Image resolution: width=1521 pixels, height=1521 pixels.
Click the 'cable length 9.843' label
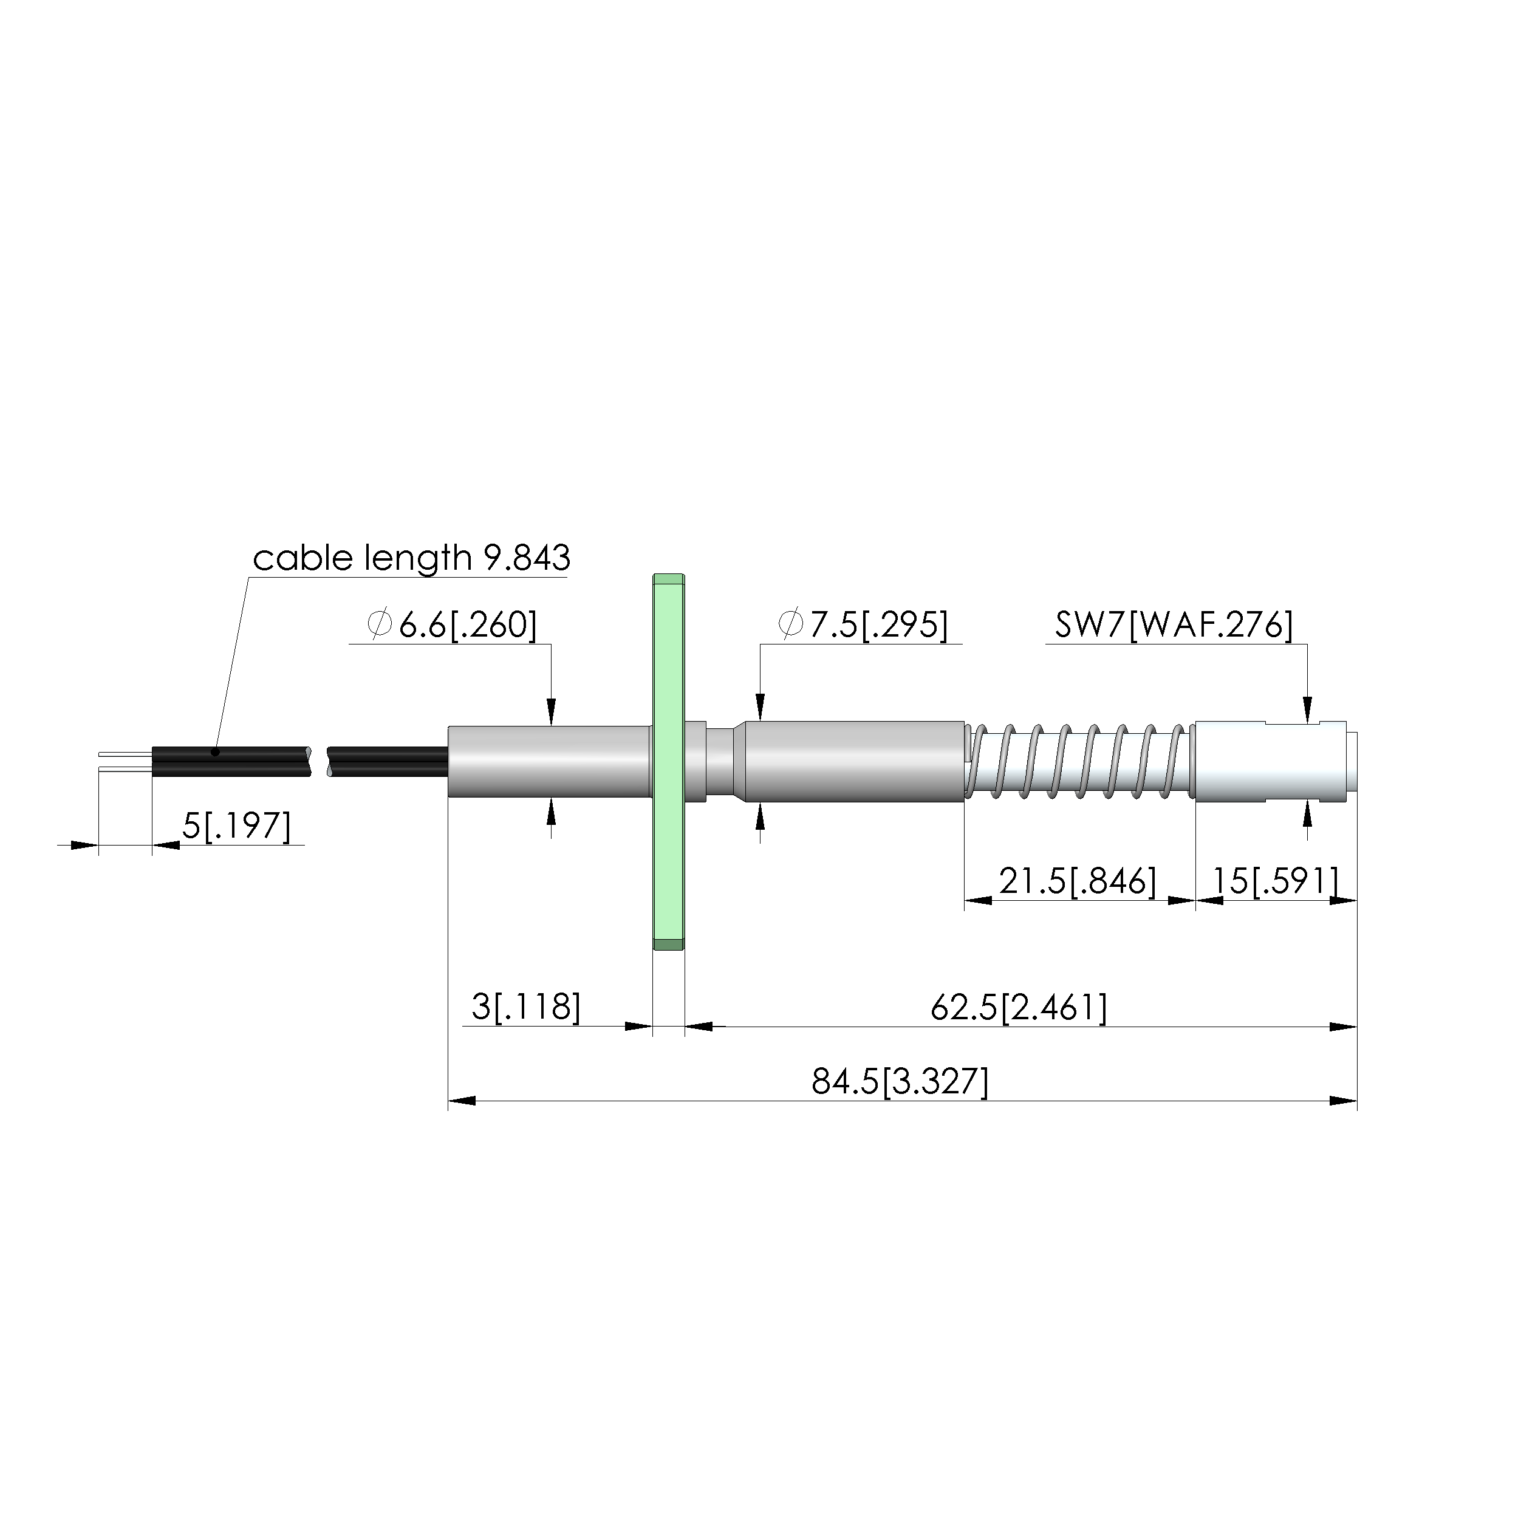click(411, 558)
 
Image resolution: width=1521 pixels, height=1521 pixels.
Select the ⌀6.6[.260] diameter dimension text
click(453, 625)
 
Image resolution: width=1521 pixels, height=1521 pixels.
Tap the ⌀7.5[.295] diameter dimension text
click(863, 625)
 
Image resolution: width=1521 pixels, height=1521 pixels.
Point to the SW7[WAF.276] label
click(1174, 625)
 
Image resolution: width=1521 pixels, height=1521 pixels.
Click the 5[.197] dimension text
click(236, 826)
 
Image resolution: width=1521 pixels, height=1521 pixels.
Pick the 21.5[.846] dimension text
click(1078, 881)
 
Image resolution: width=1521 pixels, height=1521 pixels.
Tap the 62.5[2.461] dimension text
click(1019, 1007)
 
